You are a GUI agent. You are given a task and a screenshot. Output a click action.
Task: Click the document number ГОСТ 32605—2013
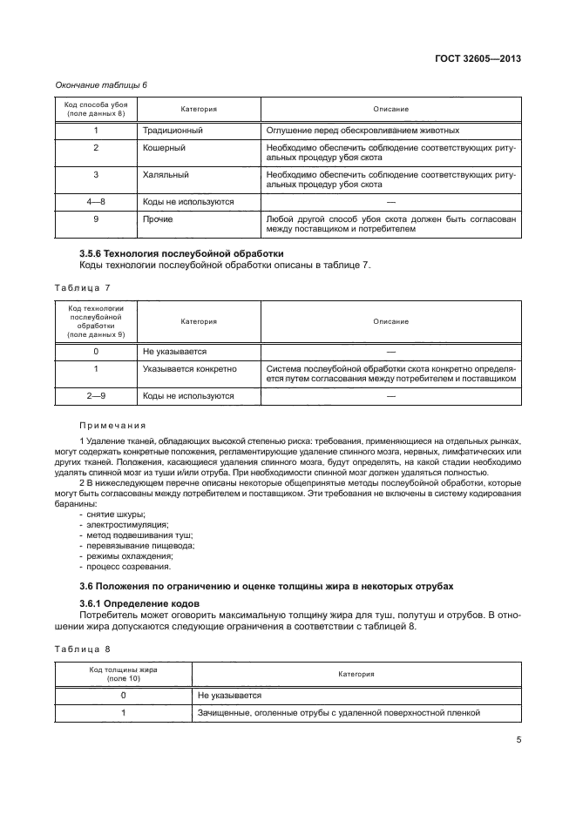477,59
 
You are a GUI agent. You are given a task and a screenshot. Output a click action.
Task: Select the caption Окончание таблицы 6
101,84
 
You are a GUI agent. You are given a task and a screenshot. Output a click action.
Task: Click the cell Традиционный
173,130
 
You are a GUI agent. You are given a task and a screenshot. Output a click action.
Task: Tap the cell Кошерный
164,147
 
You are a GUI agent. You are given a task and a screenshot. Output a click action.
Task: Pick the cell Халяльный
166,174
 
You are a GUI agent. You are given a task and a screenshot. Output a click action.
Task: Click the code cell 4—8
96,201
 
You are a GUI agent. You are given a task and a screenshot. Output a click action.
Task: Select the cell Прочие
158,219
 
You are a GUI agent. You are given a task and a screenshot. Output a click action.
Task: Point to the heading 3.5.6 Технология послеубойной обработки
181,253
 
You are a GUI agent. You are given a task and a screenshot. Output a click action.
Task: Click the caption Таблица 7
83,286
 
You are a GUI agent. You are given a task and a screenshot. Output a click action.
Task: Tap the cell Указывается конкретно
190,368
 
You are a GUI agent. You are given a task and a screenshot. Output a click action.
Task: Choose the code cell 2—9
96,395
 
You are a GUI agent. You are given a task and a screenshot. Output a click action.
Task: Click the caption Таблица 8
83,649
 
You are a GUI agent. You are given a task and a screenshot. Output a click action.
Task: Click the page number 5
518,742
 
